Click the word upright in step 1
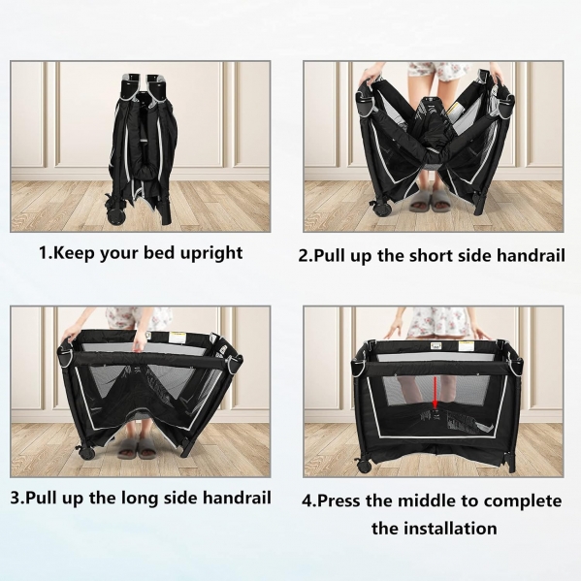click(x=211, y=254)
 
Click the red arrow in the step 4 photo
click(x=436, y=392)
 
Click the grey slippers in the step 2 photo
click(x=429, y=201)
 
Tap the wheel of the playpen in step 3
click(x=87, y=451)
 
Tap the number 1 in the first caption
click(x=44, y=253)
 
